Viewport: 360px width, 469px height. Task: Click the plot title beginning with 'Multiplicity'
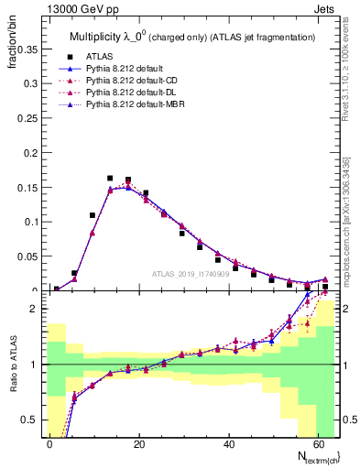coord(192,37)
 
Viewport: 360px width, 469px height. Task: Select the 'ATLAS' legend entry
coord(101,57)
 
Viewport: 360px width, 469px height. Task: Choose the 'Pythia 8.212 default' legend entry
coord(129,70)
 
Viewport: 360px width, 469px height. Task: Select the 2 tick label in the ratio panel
coord(35,310)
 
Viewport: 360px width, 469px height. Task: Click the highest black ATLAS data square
coord(110,179)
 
